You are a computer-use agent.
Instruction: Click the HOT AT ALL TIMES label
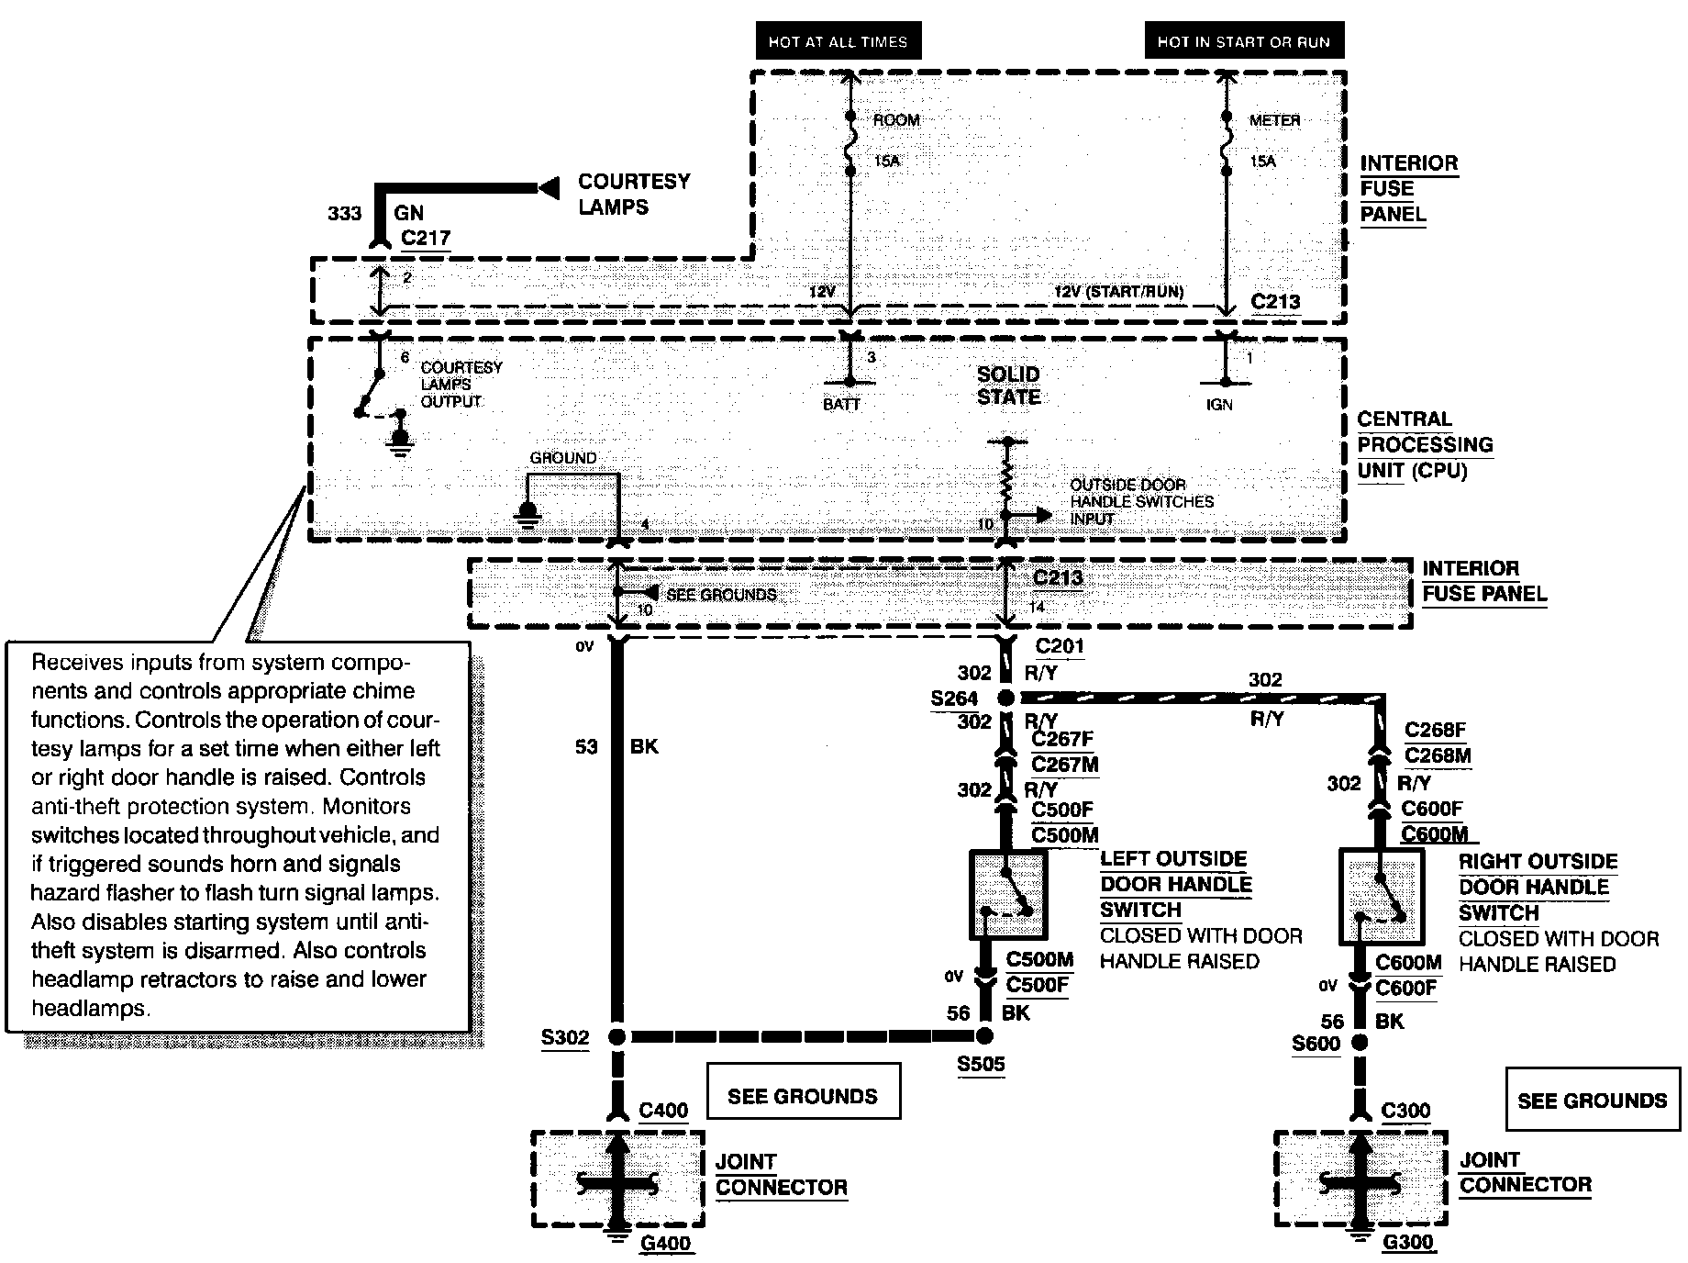click(838, 41)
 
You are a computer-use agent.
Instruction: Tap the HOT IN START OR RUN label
click(1243, 41)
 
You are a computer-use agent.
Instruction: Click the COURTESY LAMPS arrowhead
click(549, 188)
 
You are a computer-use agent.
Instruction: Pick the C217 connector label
click(427, 239)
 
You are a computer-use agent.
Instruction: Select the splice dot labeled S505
click(984, 1036)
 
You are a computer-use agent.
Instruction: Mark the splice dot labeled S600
click(1360, 1042)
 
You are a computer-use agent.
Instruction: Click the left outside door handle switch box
click(1008, 895)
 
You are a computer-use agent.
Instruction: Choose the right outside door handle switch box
click(1382, 896)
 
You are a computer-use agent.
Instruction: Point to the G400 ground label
click(666, 1244)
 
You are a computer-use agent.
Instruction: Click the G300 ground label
click(1407, 1243)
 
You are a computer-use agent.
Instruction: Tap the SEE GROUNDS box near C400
click(803, 1091)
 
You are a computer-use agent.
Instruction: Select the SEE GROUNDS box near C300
click(1593, 1099)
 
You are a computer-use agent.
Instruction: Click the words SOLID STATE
click(1008, 386)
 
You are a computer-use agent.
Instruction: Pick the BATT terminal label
click(841, 404)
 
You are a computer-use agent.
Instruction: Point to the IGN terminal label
click(1219, 405)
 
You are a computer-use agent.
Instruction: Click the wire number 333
click(345, 214)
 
